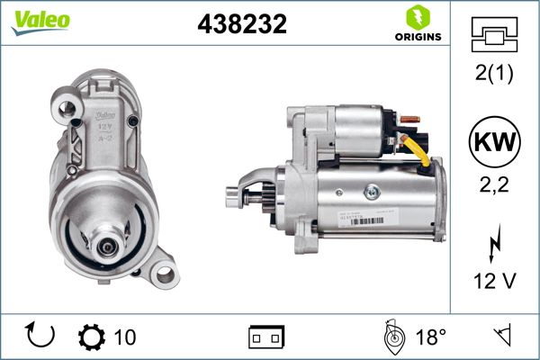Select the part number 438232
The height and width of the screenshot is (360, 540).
241,24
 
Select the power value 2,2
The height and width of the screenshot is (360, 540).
495,184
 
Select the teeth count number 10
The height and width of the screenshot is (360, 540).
126,337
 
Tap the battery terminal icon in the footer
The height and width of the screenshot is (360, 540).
266,337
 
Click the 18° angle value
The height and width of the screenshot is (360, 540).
430,337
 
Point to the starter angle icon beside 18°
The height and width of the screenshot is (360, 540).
391,337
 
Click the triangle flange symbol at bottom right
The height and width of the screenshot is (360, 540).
501,337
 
